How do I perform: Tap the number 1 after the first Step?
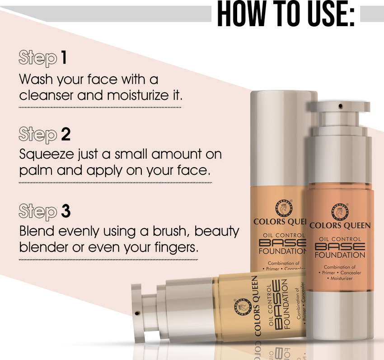coord(64,58)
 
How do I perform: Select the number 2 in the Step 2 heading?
coord(65,135)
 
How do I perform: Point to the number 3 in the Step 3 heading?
coord(66,211)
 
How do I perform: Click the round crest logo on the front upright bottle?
coord(340,208)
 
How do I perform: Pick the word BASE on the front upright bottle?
coord(340,247)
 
